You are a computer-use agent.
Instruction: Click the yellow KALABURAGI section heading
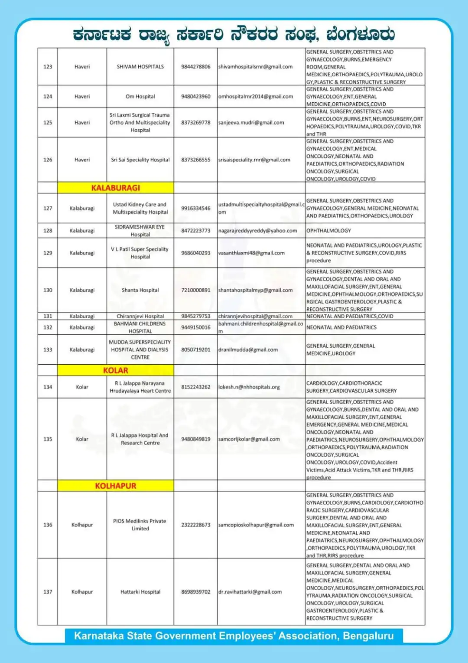tap(115, 188)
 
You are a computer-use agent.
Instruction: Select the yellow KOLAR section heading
tap(115, 370)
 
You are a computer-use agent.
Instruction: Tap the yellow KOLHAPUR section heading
tap(115, 486)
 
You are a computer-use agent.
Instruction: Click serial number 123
tap(48, 67)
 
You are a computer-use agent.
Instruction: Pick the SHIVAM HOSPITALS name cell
tap(140, 67)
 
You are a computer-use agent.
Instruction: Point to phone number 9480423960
tap(195, 96)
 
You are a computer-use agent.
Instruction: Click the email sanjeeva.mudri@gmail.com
tap(251, 123)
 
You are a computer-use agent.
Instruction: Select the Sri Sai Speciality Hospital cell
tap(140, 160)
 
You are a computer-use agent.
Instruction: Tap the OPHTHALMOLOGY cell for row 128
tap(328, 231)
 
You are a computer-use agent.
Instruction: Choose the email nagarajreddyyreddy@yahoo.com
tap(257, 231)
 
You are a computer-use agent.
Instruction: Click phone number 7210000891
tap(195, 290)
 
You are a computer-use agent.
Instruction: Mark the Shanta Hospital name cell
tap(140, 290)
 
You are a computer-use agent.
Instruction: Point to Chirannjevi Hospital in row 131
tap(140, 316)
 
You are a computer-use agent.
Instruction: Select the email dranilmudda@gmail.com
tap(248, 349)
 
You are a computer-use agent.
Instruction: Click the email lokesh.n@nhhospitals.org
tap(249, 387)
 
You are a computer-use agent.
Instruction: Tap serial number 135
tap(48, 439)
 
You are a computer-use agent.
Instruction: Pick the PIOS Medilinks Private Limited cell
tap(140, 525)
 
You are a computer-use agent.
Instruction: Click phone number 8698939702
tap(195, 592)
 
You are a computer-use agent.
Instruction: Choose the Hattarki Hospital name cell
tap(140, 592)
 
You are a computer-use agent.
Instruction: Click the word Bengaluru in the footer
tap(368, 636)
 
